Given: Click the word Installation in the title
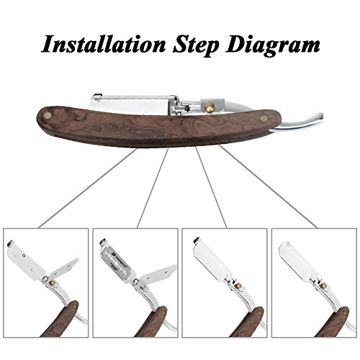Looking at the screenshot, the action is tap(104, 44).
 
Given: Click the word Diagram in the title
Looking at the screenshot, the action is tap(273, 45).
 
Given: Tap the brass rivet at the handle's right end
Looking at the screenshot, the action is tap(265, 117).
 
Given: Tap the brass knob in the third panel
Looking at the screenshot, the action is tap(238, 286).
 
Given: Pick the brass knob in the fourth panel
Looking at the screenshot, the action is tap(324, 286).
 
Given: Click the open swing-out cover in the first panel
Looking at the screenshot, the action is tap(63, 269).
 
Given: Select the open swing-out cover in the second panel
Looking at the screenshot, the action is tap(157, 273).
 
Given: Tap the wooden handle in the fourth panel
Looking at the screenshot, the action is tap(333, 322).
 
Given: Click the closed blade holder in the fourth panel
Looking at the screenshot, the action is tap(297, 258).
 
